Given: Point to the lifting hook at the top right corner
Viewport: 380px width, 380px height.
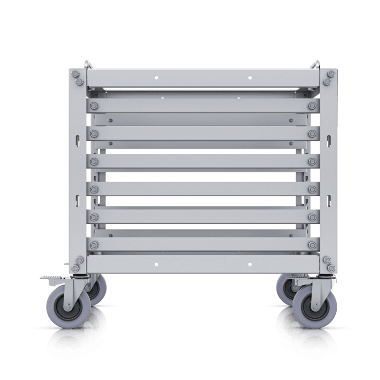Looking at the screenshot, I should (x=315, y=64).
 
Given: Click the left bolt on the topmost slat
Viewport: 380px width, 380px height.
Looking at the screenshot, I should (x=93, y=105).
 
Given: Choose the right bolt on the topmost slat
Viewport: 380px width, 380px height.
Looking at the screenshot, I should (x=312, y=105).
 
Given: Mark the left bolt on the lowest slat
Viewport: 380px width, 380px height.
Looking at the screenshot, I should (x=93, y=244).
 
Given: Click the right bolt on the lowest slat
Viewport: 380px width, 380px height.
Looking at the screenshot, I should (x=312, y=244).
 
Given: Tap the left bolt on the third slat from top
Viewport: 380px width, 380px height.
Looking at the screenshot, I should (x=93, y=161).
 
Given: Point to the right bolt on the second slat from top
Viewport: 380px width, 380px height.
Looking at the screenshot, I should (x=312, y=133).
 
